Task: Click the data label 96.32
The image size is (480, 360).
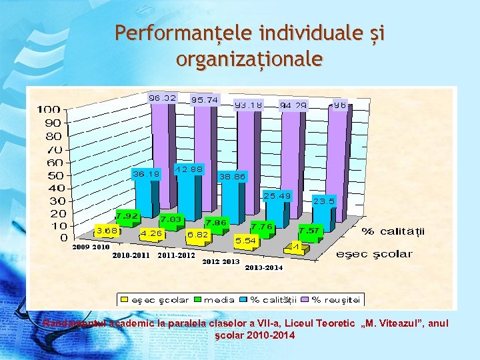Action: [162, 98]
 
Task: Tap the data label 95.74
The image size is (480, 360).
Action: [205, 100]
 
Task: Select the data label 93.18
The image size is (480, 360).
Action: [248, 105]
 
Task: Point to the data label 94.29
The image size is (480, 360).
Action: [293, 105]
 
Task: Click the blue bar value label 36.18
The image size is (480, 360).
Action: [145, 174]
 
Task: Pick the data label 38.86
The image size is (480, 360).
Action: [232, 177]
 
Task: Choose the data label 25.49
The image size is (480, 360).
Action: [277, 196]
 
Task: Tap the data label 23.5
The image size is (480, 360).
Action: [324, 201]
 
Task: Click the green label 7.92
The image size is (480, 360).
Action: [127, 216]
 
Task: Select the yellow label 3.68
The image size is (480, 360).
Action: [107, 231]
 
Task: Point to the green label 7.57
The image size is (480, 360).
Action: [308, 231]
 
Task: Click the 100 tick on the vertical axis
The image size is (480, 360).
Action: [49, 109]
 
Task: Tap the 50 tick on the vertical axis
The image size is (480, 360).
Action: [53, 175]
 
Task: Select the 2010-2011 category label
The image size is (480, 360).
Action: [131, 255]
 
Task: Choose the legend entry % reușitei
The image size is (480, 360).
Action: [337, 299]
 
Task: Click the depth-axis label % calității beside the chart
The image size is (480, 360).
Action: [393, 231]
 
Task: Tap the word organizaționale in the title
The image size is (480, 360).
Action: [249, 59]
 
